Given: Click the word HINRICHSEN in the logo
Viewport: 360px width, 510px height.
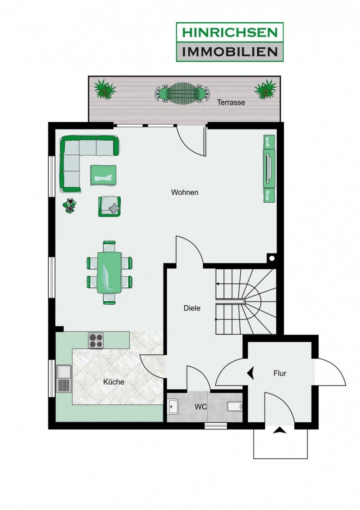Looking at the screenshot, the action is [x=230, y=32].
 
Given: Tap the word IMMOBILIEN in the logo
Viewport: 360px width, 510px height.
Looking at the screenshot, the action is [x=230, y=52].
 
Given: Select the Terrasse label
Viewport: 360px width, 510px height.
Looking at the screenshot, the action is [x=231, y=102].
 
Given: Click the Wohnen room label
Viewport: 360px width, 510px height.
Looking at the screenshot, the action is [x=185, y=193].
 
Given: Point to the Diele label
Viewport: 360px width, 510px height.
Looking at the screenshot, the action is [x=192, y=308].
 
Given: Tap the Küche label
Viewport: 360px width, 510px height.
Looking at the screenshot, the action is [x=114, y=382].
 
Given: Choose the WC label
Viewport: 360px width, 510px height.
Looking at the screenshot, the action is [x=200, y=407].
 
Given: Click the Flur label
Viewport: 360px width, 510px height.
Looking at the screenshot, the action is [x=280, y=373].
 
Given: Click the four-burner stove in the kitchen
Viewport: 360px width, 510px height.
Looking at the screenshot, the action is [x=96, y=341].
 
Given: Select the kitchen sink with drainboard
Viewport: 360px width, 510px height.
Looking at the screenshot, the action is [x=64, y=378].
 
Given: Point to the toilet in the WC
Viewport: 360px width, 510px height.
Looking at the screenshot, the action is [x=235, y=406].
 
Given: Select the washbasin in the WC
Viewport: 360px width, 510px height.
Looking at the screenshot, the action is [x=174, y=407].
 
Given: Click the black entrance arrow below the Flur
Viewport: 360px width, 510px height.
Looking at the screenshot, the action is [x=280, y=430].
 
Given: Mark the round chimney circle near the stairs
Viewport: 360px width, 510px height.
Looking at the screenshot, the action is [x=272, y=258].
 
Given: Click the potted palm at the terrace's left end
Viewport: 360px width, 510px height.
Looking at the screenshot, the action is [x=105, y=89].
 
